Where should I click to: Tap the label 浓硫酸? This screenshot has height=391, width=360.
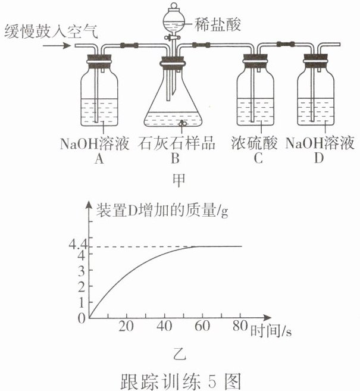point(254,144)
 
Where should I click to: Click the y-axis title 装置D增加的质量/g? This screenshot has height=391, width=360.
point(158,210)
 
